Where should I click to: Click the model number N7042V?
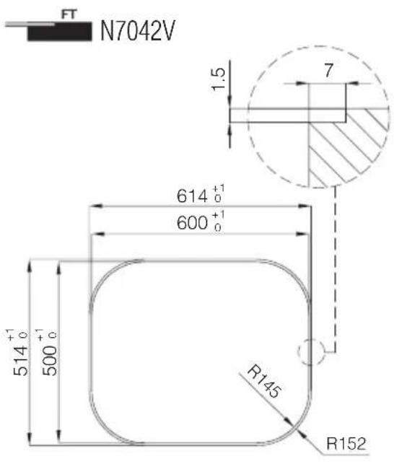tap(138, 31)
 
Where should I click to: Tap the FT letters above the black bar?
tap(69, 14)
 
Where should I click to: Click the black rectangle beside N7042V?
tap(59, 31)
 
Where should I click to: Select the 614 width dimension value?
tap(192, 196)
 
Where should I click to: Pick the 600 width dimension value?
tap(192, 222)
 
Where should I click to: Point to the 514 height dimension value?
tap(20, 361)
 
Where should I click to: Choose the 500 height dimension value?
tap(49, 361)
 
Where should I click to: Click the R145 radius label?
tap(264, 382)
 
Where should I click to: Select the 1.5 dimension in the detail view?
tap(219, 79)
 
